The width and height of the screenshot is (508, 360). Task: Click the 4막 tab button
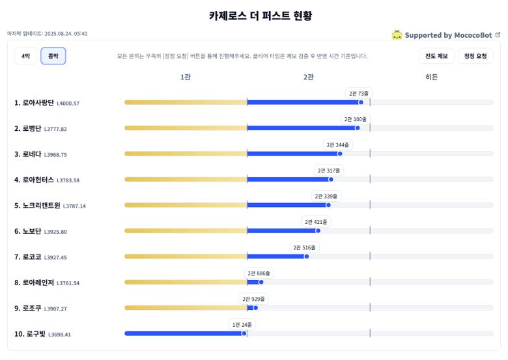(25, 57)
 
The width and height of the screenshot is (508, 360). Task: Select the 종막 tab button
(53, 57)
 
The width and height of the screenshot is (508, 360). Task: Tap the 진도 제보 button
(436, 57)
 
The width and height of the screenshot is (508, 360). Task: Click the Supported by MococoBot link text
(448, 35)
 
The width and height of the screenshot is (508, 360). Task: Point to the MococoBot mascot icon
(397, 35)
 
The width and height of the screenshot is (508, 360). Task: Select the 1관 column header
(186, 77)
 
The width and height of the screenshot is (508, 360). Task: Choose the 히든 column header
(431, 77)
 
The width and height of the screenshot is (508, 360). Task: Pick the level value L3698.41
(61, 335)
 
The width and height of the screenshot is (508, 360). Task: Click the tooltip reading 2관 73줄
(359, 94)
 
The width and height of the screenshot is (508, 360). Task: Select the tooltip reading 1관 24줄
(243, 324)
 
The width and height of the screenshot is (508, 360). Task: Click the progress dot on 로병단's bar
(358, 128)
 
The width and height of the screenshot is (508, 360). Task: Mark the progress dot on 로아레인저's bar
(261, 282)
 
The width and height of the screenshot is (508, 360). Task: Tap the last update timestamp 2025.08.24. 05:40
(66, 34)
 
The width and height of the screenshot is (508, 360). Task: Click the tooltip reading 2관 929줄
(254, 299)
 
